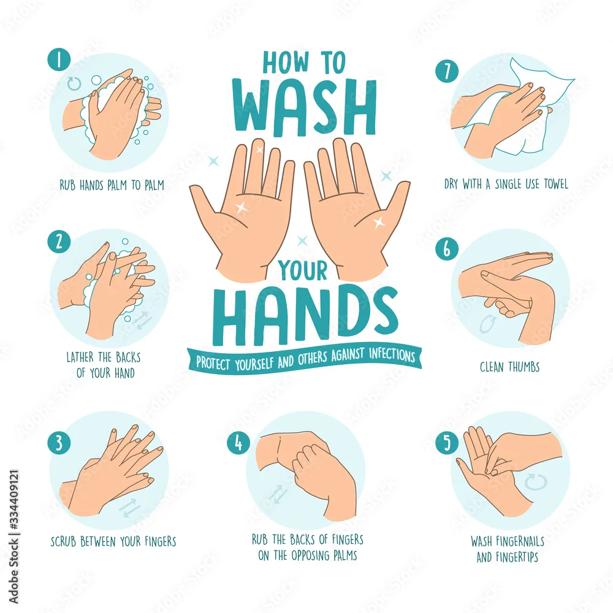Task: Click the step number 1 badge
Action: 59,60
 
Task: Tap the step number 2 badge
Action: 59,241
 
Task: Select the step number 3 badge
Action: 59,443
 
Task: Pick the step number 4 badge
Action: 238,443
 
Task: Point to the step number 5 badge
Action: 447,443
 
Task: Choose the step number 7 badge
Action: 447,71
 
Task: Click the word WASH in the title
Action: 305,107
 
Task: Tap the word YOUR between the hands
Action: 303,270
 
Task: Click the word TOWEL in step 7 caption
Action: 555,184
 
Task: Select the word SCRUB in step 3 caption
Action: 63,541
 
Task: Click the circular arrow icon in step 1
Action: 74,83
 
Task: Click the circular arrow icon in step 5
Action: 536,482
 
